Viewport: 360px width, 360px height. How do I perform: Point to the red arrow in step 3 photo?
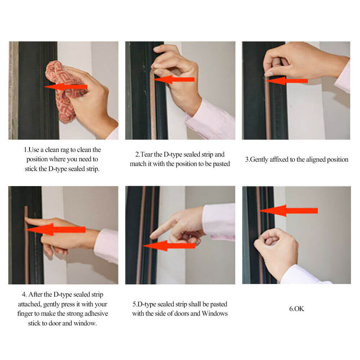click(288, 81)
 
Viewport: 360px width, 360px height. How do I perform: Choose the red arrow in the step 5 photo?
click(169, 246)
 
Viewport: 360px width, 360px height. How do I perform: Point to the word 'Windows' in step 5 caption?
click(215, 314)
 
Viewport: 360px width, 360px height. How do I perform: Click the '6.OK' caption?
click(297, 309)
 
